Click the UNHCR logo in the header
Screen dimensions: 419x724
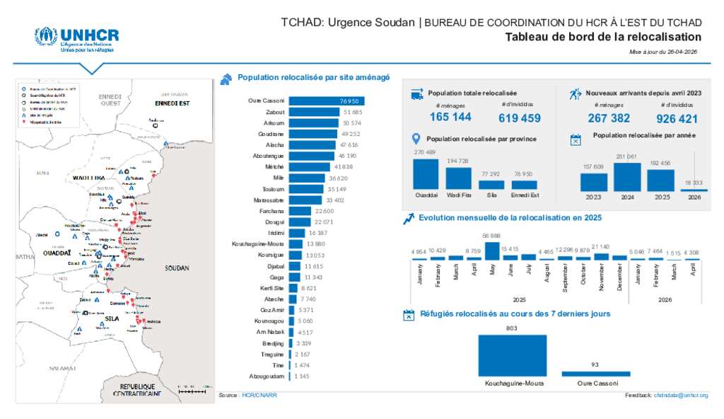tap(76, 39)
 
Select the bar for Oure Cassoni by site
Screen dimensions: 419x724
tap(326, 101)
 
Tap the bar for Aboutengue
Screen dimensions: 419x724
tap(312, 156)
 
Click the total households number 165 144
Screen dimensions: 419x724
tap(450, 117)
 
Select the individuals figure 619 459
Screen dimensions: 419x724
tap(520, 118)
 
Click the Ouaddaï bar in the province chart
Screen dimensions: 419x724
tap(426, 174)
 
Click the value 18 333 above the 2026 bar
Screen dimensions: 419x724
tap(694, 183)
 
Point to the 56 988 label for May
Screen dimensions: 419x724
tap(491, 236)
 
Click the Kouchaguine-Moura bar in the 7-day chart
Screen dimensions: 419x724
tap(513, 355)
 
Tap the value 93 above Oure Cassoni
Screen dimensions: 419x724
tap(596, 365)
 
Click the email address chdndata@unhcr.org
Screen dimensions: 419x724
tap(680, 395)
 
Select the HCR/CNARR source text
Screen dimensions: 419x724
tap(259, 395)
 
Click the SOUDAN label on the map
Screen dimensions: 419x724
tap(176, 269)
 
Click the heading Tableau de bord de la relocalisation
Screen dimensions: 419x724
tap(603, 38)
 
